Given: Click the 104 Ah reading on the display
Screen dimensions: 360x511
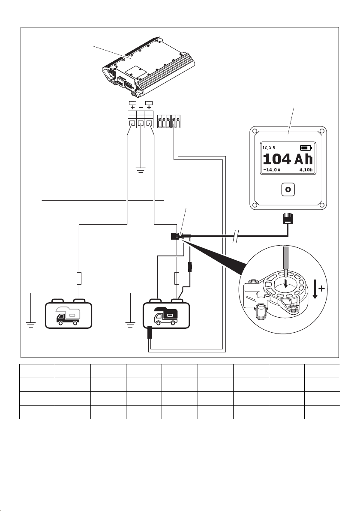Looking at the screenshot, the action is coord(288,159).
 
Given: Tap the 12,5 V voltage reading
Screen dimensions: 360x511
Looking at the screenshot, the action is coord(269,147).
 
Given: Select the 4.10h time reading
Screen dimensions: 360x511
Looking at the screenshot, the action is coord(306,170).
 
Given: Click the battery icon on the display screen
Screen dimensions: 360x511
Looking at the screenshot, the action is coord(306,147).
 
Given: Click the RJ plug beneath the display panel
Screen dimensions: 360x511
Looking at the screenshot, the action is coord(287,218).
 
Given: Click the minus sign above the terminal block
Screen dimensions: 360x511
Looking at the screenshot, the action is coord(141,107).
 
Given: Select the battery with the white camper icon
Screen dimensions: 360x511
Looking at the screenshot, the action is coord(69,313).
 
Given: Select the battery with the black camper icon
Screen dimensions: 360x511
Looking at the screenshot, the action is coord(166,313).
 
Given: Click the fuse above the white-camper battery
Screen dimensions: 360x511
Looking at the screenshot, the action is coord(79,278).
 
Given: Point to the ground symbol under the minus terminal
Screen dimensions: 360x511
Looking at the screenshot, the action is coord(141,170).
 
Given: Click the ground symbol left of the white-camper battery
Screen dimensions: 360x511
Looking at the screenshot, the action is coord(31,325).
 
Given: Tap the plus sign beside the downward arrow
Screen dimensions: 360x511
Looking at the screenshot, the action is coord(321,289).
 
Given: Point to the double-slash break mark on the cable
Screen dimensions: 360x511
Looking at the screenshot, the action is coord(237,236).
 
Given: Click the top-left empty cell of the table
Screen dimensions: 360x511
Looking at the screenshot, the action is coord(37,371).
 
